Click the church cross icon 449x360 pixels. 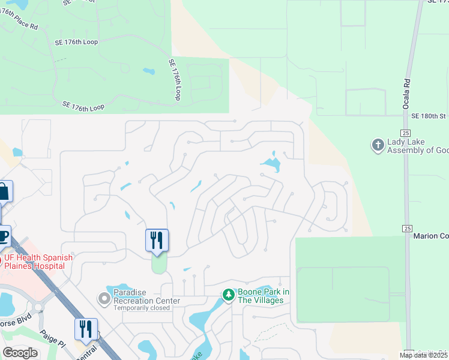pos(378,145)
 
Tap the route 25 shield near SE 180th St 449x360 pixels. pos(406,133)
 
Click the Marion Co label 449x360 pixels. pos(431,236)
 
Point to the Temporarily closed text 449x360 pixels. pos(142,308)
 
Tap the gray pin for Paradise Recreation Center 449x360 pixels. pos(104,297)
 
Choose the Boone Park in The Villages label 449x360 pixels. pos(262,296)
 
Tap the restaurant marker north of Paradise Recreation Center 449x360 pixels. pos(157,240)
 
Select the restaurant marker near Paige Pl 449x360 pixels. pos(86,329)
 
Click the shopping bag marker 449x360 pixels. pos(3,192)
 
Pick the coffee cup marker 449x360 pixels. pos(3,236)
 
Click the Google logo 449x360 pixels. pos(20,353)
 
